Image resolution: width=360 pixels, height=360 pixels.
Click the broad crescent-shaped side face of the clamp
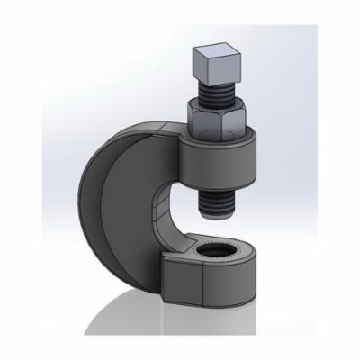pos(135,216)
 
